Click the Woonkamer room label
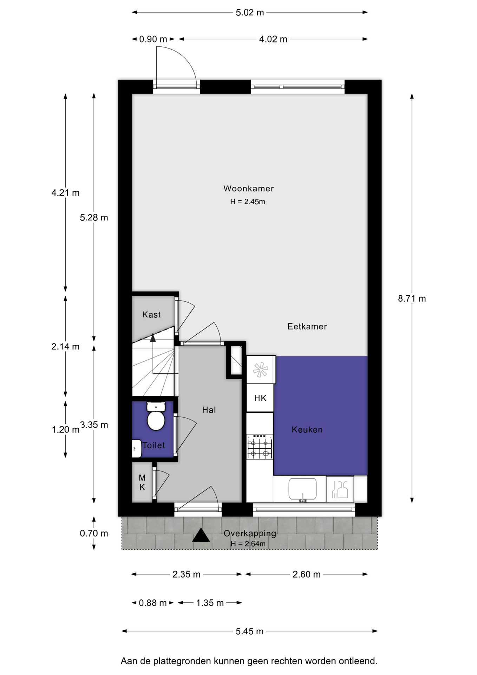(x=248, y=188)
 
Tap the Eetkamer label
(x=307, y=327)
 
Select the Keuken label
(x=307, y=430)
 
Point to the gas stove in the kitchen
(x=260, y=447)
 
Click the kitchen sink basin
(x=302, y=489)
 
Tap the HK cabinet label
(x=260, y=398)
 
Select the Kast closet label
(x=151, y=315)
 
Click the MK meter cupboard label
(x=142, y=482)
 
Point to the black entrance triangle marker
(x=201, y=535)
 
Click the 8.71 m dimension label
(x=412, y=299)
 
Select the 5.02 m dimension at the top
(x=250, y=13)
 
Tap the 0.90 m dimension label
(x=153, y=39)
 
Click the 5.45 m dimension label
(x=249, y=631)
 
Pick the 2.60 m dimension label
(x=306, y=574)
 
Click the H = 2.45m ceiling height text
(x=248, y=202)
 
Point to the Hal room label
(x=209, y=410)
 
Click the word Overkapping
(x=250, y=533)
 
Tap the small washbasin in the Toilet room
(x=136, y=449)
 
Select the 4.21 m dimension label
(x=65, y=193)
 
